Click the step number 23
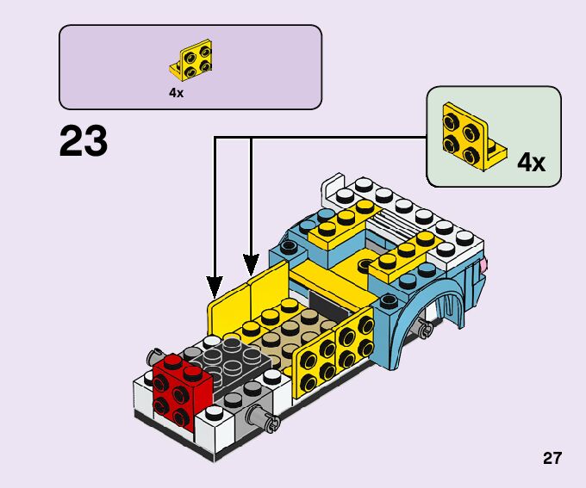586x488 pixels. tap(84, 141)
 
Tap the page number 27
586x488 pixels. tap(552, 458)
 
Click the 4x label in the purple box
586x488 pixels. tap(177, 93)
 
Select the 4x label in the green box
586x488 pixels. tap(531, 162)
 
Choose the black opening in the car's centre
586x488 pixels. tap(332, 301)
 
